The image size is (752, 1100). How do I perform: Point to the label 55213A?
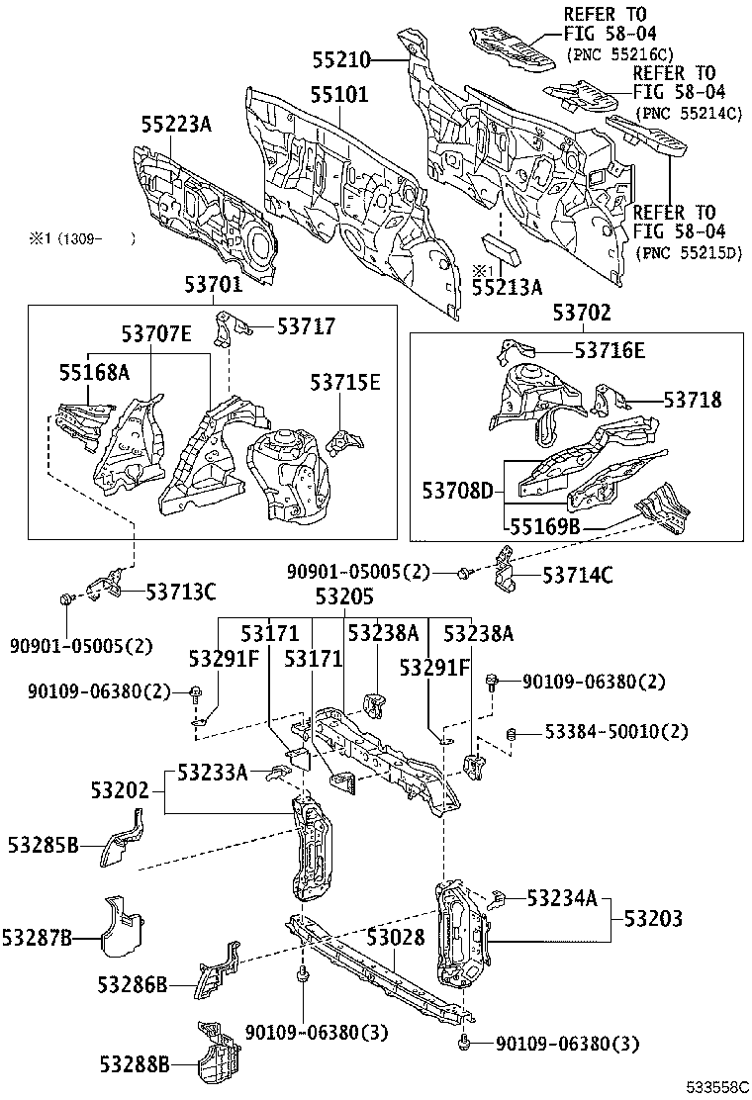pyautogui.click(x=507, y=288)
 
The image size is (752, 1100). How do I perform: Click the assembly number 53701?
pyautogui.click(x=213, y=286)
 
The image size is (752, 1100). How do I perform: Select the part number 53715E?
pyautogui.click(x=343, y=383)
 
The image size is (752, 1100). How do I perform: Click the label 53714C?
pyautogui.click(x=577, y=575)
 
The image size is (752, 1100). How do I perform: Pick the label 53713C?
pyautogui.click(x=181, y=592)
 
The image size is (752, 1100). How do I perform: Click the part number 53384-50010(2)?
pyautogui.click(x=605, y=732)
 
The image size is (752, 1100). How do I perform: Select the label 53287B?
pyautogui.click(x=37, y=937)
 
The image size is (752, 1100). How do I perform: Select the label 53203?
pyautogui.click(x=652, y=919)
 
